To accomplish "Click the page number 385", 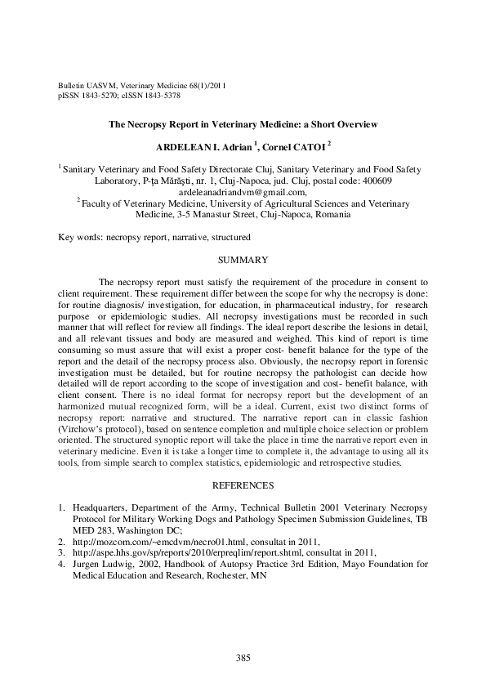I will [243, 657].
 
